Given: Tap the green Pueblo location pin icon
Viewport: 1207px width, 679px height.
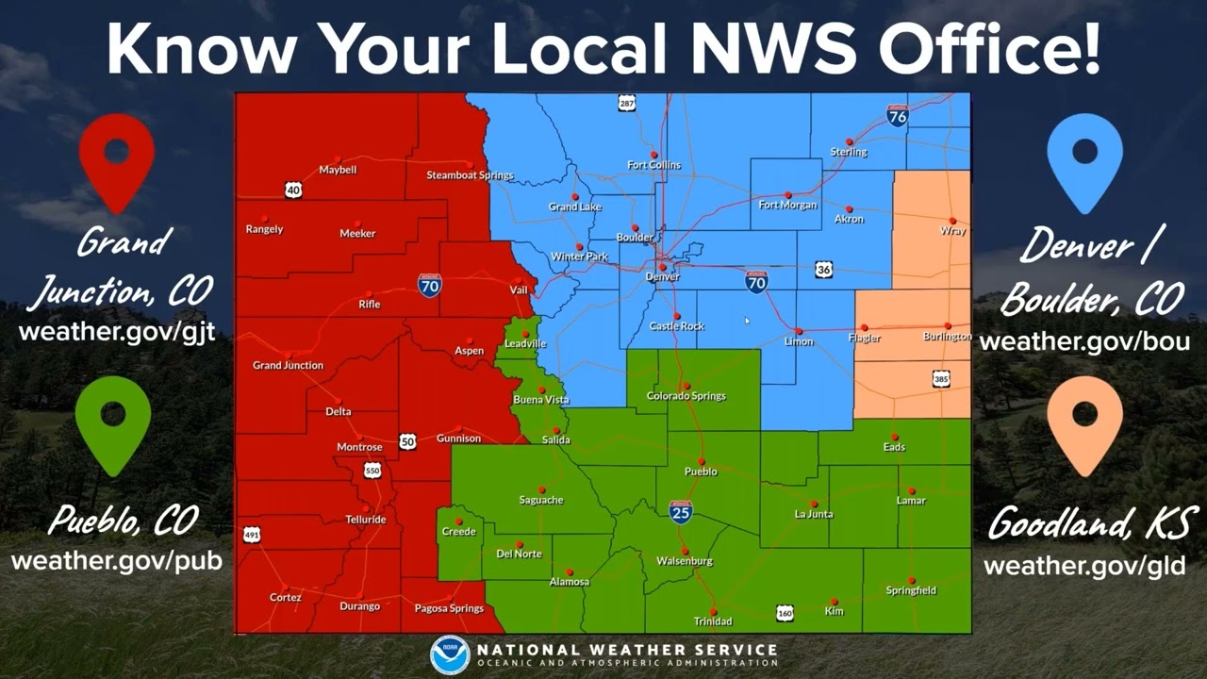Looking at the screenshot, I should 113,424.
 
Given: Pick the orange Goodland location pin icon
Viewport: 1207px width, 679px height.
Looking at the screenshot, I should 1084,424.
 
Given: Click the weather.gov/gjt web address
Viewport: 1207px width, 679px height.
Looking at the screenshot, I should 117,332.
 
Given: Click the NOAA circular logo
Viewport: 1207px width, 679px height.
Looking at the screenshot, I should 450,654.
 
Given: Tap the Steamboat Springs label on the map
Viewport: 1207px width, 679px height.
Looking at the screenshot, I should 470,175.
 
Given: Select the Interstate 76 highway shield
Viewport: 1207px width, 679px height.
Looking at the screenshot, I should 898,116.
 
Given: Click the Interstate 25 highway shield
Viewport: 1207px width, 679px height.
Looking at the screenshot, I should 681,512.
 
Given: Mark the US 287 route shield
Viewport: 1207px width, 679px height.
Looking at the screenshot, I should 627,103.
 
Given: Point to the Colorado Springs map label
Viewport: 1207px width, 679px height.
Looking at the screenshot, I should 686,396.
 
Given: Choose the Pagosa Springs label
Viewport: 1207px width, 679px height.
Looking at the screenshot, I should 449,608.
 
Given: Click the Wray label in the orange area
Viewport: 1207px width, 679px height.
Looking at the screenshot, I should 952,231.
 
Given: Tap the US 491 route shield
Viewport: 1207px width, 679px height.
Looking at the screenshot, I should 252,535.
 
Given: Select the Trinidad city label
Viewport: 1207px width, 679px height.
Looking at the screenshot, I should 713,621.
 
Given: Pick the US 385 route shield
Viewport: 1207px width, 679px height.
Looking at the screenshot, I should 941,379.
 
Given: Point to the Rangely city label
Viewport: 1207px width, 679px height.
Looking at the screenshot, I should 264,229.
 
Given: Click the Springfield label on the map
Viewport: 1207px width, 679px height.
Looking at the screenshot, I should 911,590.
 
